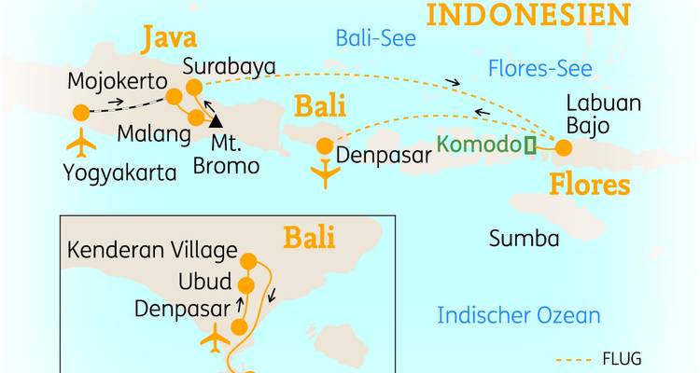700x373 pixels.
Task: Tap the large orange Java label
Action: pyautogui.click(x=169, y=40)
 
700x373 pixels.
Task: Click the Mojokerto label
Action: pyautogui.click(x=117, y=82)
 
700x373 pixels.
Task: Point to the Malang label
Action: pyautogui.click(x=147, y=133)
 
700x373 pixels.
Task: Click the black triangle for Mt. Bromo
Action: pyautogui.click(x=217, y=120)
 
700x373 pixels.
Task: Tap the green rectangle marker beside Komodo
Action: pyautogui.click(x=530, y=145)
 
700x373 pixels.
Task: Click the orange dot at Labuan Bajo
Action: pyautogui.click(x=563, y=146)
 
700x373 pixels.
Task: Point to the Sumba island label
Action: pyautogui.click(x=524, y=239)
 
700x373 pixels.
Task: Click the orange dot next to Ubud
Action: pyautogui.click(x=246, y=285)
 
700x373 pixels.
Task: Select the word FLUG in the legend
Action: pyautogui.click(x=623, y=358)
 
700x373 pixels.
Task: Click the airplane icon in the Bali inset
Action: pyautogui.click(x=216, y=338)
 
